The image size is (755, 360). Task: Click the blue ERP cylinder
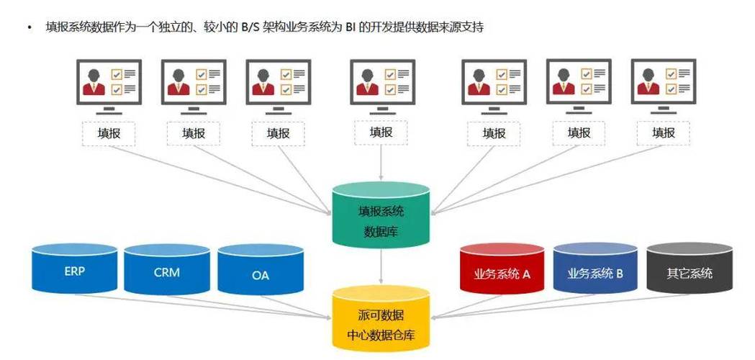74,272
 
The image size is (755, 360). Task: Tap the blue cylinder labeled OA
260,274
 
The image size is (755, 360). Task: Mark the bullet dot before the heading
30,27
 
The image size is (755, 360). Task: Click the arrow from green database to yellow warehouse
381,268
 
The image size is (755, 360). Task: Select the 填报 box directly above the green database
381,132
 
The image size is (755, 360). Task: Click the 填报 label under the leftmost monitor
109,133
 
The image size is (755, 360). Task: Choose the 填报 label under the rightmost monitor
663,133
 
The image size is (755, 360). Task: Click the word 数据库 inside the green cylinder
381,231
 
